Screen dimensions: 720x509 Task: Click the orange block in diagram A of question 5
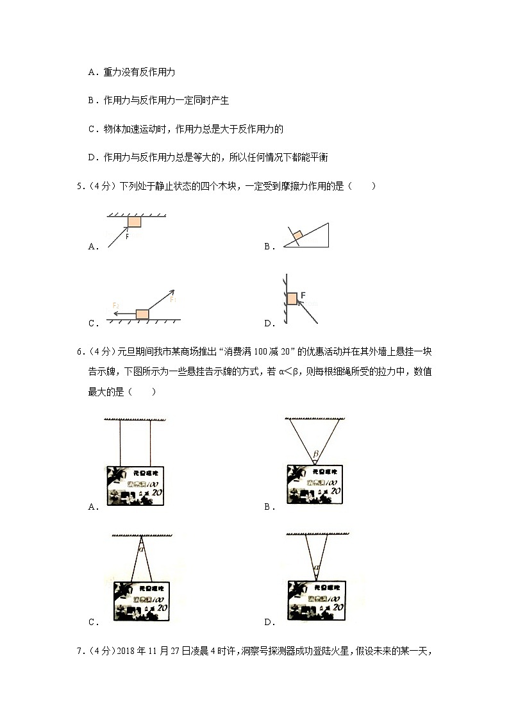tap(135, 221)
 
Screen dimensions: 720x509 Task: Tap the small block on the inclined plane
tap(297, 236)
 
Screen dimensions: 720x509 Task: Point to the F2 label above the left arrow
tap(115, 305)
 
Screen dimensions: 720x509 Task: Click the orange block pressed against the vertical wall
tap(292, 298)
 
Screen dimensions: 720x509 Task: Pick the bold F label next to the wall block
tap(303, 296)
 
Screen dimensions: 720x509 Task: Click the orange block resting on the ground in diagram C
tap(142, 314)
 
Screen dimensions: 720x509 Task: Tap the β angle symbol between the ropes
tap(315, 455)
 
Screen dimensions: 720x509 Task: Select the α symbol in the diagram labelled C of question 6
tap(141, 548)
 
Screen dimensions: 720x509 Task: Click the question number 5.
tap(79, 187)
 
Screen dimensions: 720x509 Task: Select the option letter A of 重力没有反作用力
tap(92, 72)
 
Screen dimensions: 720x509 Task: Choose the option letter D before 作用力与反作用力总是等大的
tap(92, 157)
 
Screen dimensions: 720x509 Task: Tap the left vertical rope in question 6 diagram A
tap(120, 443)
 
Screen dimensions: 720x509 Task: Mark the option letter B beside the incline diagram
tap(267, 246)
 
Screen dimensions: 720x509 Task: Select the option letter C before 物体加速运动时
tap(92, 129)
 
